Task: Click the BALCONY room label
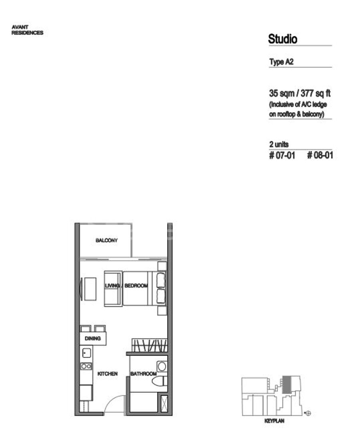click(106, 240)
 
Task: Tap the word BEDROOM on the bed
click(136, 286)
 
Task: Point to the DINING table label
click(93, 338)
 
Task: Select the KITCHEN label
click(107, 374)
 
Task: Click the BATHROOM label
click(144, 374)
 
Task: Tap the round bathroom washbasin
click(162, 366)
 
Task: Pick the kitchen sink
click(86, 353)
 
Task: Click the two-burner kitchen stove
click(86, 366)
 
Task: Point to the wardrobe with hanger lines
click(150, 345)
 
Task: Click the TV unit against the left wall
click(88, 289)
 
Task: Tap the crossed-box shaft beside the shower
click(164, 403)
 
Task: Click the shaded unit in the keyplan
click(287, 384)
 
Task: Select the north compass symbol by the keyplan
click(308, 413)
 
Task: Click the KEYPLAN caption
click(274, 421)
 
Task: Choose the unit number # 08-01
click(320, 155)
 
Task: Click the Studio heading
click(282, 39)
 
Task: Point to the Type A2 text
click(281, 62)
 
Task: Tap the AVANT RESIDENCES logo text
click(27, 30)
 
